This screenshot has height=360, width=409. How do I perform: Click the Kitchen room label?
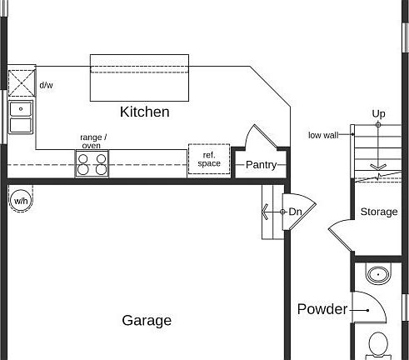coord(145,112)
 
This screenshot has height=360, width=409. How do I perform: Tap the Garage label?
coord(147,321)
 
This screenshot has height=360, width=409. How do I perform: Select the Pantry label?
coord(262,165)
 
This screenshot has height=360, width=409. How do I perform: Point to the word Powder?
coord(322,309)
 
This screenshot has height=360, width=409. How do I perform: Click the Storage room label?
coord(379,212)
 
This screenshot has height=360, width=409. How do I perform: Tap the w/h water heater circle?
coord(21,201)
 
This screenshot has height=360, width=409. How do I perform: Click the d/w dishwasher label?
coord(46,85)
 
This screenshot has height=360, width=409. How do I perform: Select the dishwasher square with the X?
coord(22,83)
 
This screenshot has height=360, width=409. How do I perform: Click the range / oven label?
coord(93,141)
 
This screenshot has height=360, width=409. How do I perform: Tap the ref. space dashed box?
coord(209,159)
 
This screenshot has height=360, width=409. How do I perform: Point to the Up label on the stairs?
coord(378,114)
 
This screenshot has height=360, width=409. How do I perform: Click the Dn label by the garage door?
coord(295,212)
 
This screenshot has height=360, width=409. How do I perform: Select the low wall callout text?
coord(323,135)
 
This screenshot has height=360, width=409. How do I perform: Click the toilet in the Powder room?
coord(378,345)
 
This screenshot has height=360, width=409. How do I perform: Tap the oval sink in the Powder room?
coord(378,275)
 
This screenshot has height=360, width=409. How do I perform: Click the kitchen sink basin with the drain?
coord(21,109)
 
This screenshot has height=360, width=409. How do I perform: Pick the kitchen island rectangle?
coord(139,77)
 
